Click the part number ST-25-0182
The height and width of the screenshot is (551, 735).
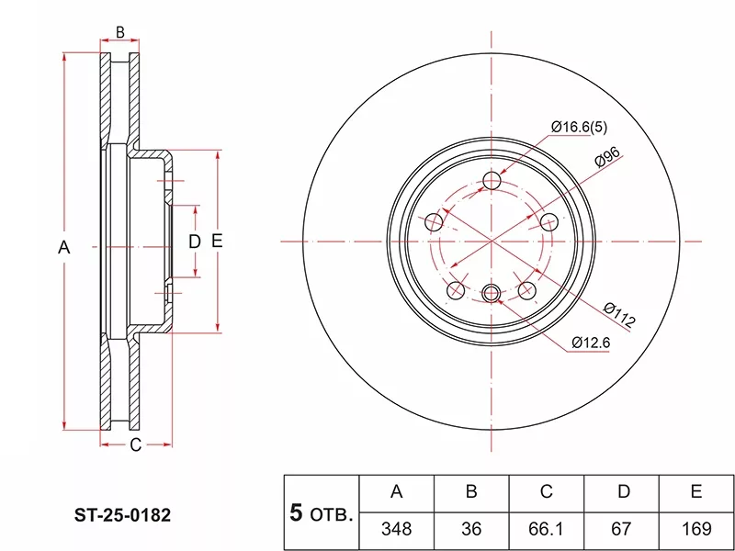coord(123,515)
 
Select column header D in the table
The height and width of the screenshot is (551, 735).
coord(622,493)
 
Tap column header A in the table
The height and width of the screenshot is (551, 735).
coord(397,493)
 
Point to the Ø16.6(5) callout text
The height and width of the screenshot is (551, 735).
coord(579,127)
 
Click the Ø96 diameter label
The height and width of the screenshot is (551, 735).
coord(607,156)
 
